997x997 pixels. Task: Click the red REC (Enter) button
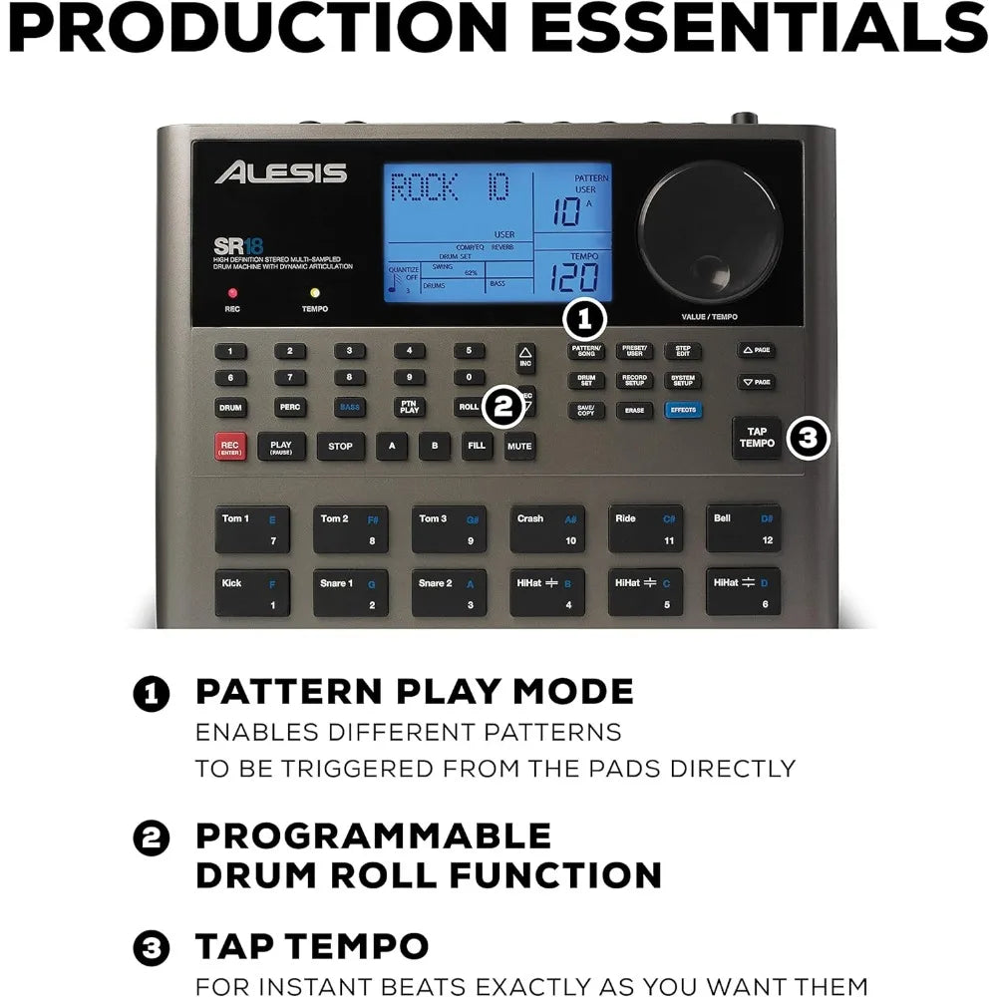point(231,446)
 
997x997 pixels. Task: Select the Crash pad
point(547,529)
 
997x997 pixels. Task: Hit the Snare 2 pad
point(449,593)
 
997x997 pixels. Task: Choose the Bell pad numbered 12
point(744,529)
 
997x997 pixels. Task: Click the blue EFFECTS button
point(683,409)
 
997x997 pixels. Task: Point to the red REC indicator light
point(231,293)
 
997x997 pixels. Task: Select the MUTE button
point(518,446)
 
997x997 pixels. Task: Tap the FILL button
point(477,446)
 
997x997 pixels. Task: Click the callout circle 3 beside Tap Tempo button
point(809,437)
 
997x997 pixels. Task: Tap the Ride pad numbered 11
point(645,529)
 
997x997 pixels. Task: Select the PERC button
point(290,407)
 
